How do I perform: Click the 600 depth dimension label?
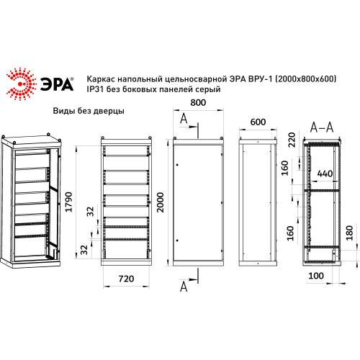pyautogui.click(x=258, y=122)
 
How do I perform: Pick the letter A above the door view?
pyautogui.click(x=185, y=119)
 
